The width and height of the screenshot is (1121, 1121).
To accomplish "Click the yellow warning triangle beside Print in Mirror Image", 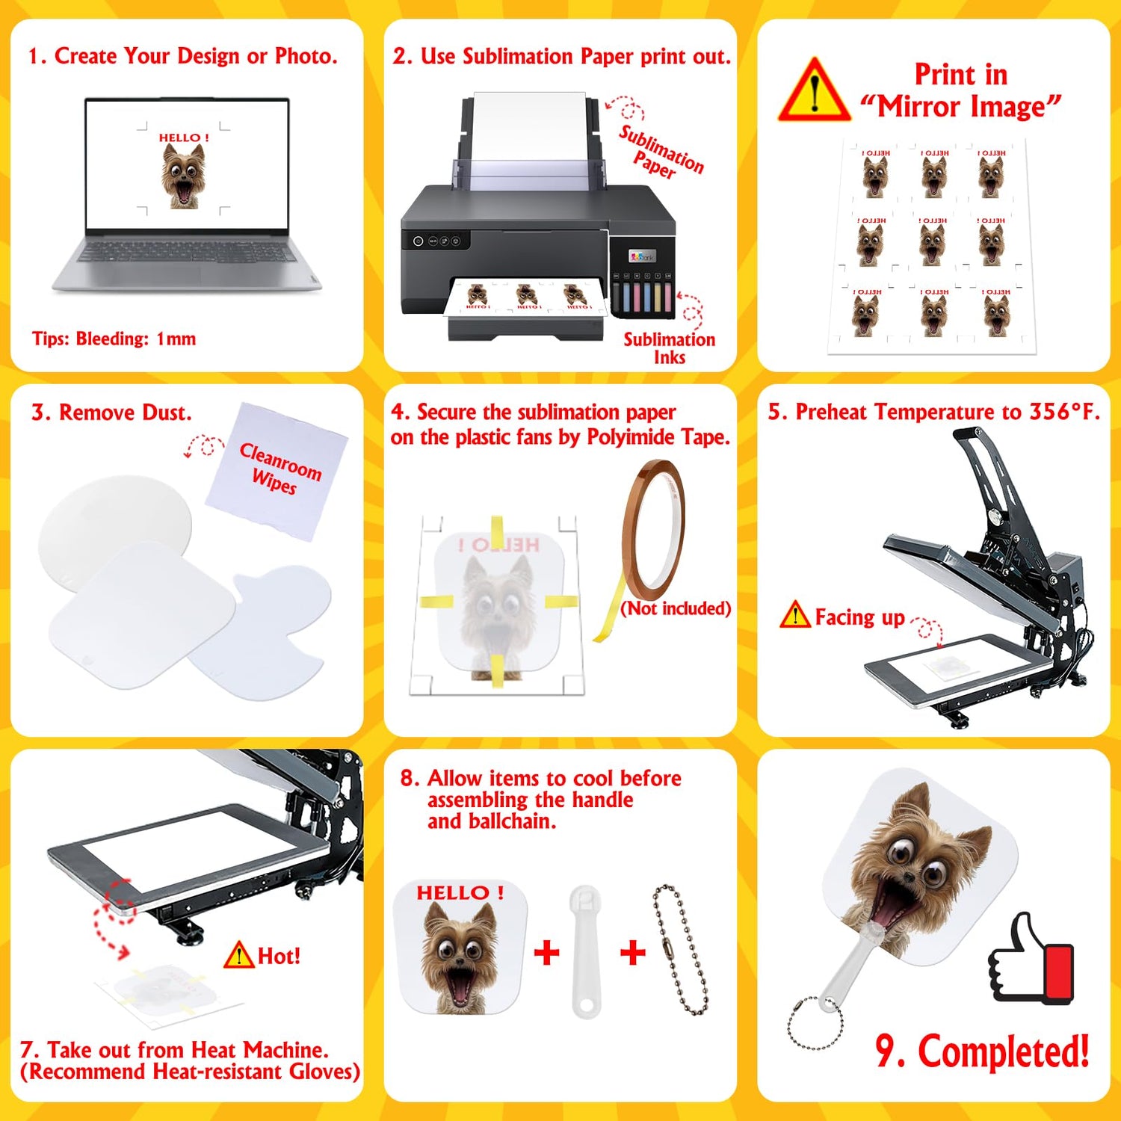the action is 814,91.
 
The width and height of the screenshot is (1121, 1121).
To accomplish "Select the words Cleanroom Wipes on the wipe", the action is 280,468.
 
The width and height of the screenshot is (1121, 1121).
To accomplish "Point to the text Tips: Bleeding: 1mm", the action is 114,339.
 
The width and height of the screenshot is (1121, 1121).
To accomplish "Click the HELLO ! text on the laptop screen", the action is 183,138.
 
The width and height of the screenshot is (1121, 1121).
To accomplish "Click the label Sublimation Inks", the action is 669,348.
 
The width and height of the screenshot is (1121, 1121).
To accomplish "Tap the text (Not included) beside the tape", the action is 676,608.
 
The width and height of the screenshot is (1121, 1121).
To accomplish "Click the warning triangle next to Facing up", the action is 794,615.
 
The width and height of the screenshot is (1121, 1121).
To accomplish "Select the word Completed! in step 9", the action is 1003,1052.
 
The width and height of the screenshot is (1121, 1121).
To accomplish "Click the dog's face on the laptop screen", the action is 182,176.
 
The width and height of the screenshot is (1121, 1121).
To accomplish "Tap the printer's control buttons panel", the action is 437,241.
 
